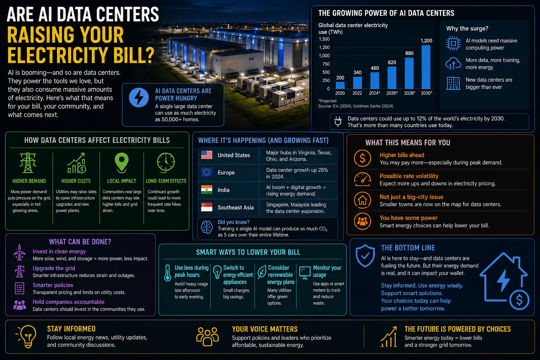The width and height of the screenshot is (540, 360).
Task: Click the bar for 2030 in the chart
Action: coord(426,67)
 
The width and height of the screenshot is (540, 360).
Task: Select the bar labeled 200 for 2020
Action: coord(340,85)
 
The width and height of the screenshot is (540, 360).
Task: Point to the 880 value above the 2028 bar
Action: coord(409,53)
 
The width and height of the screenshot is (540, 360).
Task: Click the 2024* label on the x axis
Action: coord(375,93)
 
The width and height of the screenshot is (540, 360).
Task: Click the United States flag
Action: coord(207,155)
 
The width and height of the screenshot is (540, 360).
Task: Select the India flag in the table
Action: coord(207,190)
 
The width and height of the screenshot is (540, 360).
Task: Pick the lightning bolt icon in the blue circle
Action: coord(139,98)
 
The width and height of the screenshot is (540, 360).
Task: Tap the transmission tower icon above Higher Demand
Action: coord(28,163)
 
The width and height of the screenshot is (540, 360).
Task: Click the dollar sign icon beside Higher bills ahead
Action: coord(362,158)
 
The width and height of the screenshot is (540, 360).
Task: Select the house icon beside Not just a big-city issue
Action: coord(362,200)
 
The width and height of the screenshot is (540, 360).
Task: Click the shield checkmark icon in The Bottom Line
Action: coord(365,256)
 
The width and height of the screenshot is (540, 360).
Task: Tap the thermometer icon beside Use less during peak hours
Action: coord(168,273)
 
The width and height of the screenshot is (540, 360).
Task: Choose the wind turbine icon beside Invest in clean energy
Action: coord(20,252)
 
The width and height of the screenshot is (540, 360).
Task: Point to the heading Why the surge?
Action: coord(467,28)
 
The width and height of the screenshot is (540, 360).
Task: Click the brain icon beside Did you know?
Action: coord(207,227)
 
